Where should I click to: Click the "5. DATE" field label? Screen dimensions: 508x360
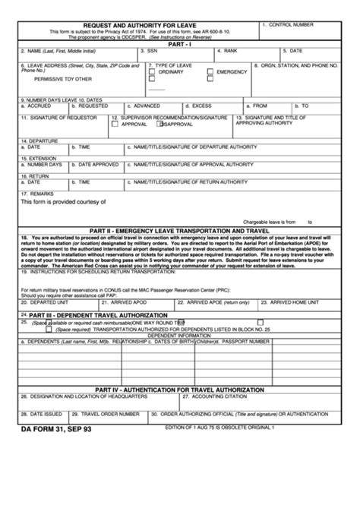pos(294,52)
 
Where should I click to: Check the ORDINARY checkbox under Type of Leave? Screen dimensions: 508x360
pos(153,72)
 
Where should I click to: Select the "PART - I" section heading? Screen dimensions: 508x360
pos(179,45)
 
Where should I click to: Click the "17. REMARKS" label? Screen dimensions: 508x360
pos(39,194)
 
